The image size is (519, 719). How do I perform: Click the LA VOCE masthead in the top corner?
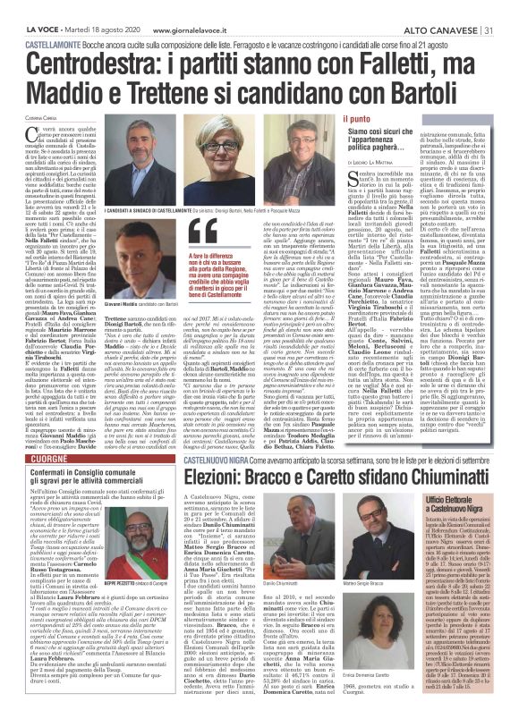coord(26,8)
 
